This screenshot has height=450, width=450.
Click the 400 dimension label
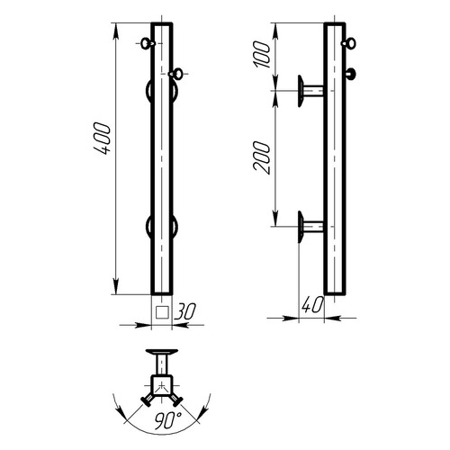(x=103, y=138)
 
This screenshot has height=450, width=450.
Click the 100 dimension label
(x=262, y=55)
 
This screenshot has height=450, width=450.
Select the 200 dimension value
(x=262, y=157)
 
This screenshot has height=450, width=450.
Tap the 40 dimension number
(x=313, y=305)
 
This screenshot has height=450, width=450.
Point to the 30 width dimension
(x=185, y=310)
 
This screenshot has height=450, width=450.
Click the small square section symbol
(x=162, y=312)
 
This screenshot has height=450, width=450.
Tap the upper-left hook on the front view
(x=148, y=43)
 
